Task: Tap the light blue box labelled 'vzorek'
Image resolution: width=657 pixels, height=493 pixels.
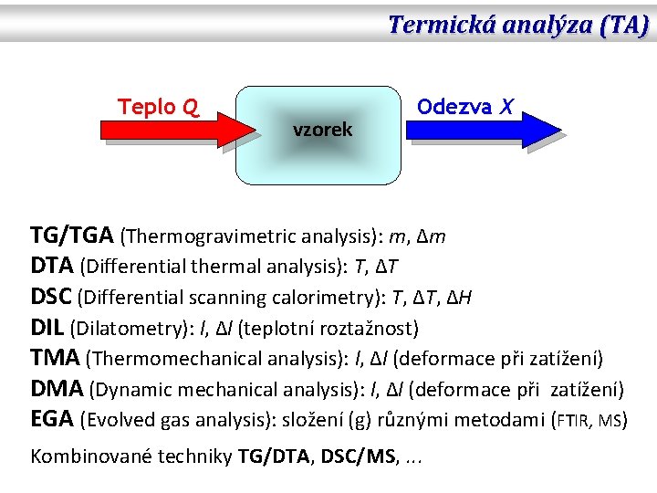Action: pos(318,134)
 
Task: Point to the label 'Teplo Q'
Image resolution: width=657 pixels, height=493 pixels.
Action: pos(160,107)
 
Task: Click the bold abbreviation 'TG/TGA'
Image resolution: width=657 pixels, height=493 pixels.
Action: pos(72,236)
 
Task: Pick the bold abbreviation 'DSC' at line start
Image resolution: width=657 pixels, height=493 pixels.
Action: pos(52,298)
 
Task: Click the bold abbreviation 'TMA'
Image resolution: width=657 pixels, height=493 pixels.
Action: pos(55,359)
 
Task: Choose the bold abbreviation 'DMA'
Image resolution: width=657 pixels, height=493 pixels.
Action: pos(57,389)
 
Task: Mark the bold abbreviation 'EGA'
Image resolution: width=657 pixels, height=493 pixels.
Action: pos(53,420)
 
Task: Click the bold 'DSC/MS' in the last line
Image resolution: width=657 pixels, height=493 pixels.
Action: pos(362,456)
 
